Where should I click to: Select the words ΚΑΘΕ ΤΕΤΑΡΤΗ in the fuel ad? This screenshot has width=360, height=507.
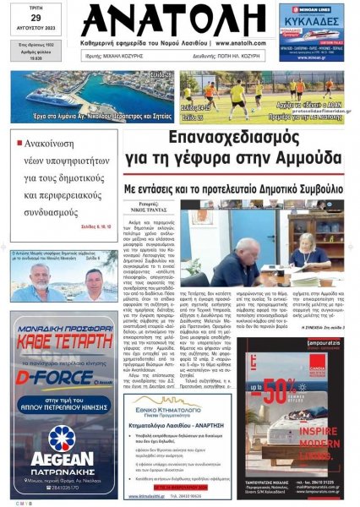[x=63, y=343]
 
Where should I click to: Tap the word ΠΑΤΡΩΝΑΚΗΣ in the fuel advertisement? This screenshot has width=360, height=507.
[x=63, y=468]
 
